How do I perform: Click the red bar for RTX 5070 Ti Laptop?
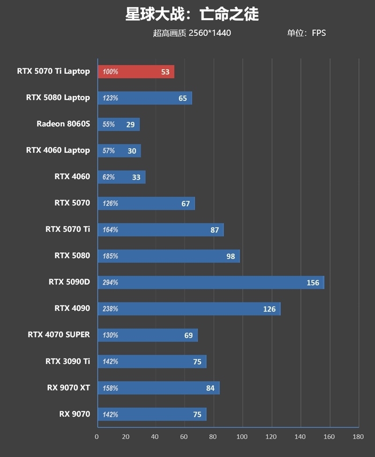tap(136, 72)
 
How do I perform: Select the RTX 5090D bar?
tap(211, 282)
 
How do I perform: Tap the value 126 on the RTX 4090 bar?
tap(269, 309)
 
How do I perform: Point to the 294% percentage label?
tap(111, 283)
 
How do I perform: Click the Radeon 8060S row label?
tap(63, 124)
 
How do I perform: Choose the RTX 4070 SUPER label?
tap(59, 335)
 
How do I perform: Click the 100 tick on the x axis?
tap(242, 437)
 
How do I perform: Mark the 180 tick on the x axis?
tap(358, 437)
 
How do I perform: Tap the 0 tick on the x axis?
tap(97, 437)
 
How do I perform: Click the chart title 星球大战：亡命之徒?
tap(192, 15)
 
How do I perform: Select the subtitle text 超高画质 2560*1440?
tap(192, 33)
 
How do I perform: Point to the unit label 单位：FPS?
tap(306, 33)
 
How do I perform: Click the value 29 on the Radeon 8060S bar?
tap(130, 125)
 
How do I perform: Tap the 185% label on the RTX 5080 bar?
tap(111, 256)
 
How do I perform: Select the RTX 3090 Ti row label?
tap(67, 361)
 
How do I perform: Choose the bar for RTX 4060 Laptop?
tap(119, 150)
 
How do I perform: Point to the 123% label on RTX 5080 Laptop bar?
tap(111, 98)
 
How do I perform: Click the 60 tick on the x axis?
tap(184, 437)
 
